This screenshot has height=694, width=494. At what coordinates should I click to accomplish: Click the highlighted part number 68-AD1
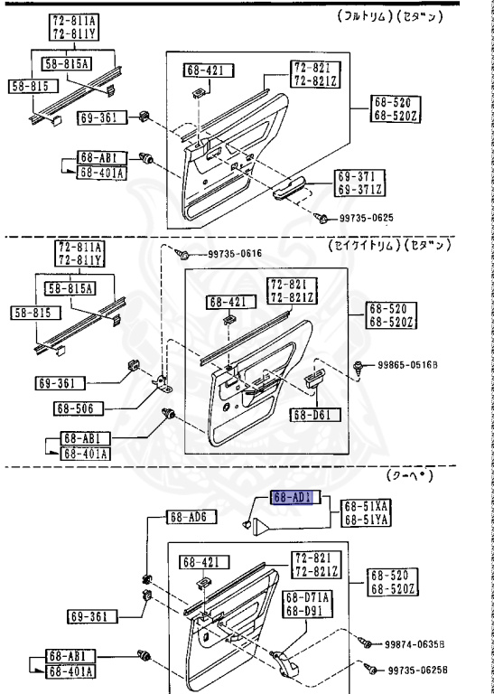tap(292, 498)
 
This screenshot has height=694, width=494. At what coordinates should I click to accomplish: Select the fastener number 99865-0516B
tap(405, 367)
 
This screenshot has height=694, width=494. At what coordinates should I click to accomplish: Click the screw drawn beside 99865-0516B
tap(362, 367)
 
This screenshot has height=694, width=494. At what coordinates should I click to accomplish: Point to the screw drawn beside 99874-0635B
tap(367, 642)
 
